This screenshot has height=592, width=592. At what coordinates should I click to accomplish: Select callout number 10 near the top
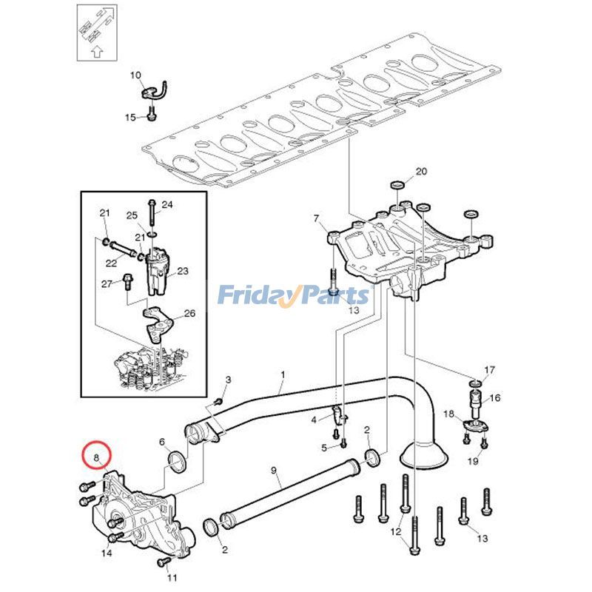[x=135, y=75]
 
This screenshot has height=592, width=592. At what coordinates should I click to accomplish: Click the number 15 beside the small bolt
[x=129, y=118]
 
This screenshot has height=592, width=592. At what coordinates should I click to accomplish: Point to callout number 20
[x=421, y=172]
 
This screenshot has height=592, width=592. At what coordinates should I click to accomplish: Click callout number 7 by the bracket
[x=316, y=218]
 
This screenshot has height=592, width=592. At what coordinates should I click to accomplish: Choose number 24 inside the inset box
[x=167, y=204]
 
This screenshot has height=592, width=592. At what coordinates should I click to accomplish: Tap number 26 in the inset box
[x=189, y=313]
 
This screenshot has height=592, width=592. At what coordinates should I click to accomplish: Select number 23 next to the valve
[x=182, y=271]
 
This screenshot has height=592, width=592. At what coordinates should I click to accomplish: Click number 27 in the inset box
[x=106, y=283]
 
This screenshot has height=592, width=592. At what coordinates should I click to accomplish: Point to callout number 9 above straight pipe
[x=273, y=470]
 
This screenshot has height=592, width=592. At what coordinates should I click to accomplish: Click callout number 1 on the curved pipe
[x=282, y=375]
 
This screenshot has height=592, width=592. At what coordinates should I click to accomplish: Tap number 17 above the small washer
[x=489, y=369]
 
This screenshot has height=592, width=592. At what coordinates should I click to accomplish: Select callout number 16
[x=494, y=397]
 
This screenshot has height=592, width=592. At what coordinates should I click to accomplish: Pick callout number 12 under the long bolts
[x=397, y=532]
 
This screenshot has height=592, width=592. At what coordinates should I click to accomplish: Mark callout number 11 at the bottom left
[x=172, y=577]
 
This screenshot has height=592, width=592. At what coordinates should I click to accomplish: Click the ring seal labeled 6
[x=178, y=463]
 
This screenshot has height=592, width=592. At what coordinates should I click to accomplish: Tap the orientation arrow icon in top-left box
[x=96, y=30]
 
